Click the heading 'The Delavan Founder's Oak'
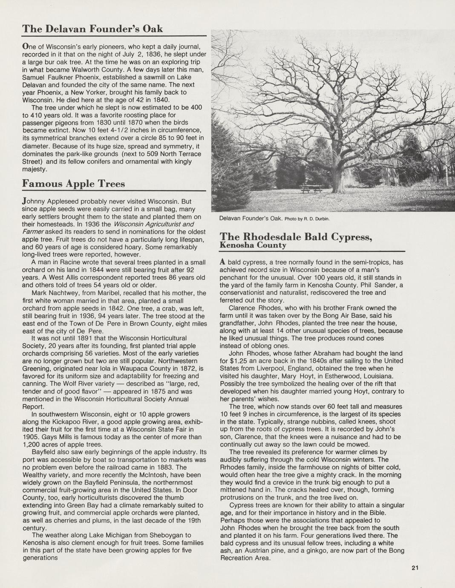coord(92,29)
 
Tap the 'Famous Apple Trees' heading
coord(73,184)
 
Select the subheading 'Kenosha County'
coord(253,245)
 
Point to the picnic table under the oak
coord(311,189)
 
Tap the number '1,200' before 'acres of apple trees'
coord(31,444)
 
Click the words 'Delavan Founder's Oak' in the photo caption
coord(251,219)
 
